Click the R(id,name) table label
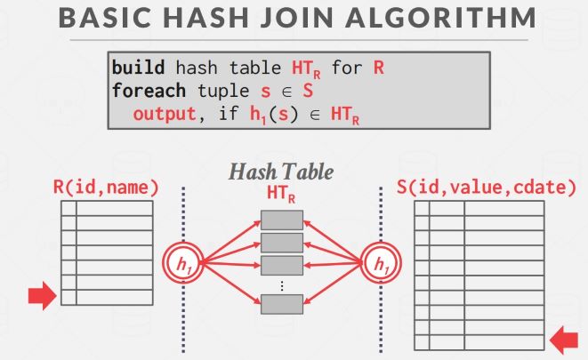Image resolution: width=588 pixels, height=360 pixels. (106, 188)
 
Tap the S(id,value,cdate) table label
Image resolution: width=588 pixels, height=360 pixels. (486, 188)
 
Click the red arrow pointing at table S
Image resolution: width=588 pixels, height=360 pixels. (563, 338)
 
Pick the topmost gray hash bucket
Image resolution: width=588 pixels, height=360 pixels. (281, 220)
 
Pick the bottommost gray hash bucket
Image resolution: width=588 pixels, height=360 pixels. (281, 303)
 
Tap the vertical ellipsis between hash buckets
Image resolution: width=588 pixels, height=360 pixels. (281, 284)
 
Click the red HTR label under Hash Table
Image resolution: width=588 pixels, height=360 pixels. (281, 193)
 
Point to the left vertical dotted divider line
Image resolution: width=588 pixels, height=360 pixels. (183, 213)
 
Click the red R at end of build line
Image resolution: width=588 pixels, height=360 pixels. (379, 67)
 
